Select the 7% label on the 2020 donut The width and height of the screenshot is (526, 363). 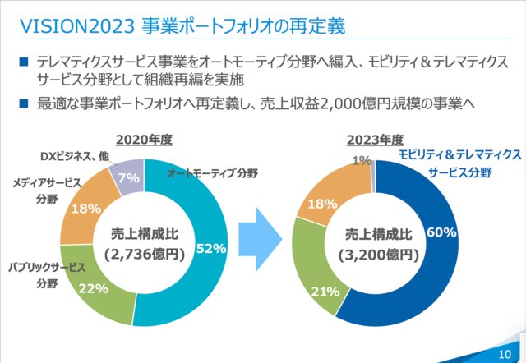(x=129, y=176)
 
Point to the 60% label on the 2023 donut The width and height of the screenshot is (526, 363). (x=441, y=232)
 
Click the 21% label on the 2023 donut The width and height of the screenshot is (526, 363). (x=325, y=291)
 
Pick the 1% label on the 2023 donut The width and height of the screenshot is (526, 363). (x=362, y=161)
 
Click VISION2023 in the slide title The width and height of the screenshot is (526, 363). (x=75, y=25)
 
